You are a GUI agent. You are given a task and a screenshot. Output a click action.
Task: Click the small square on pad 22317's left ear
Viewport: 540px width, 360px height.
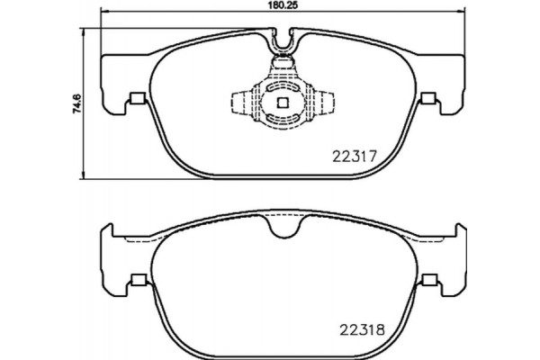point(136,99)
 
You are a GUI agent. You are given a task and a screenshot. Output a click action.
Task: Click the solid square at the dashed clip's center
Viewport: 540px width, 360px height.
point(283,102)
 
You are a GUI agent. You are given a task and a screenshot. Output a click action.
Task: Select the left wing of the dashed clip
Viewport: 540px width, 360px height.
point(241,101)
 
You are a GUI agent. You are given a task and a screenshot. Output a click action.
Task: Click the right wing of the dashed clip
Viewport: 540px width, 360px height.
point(327,101)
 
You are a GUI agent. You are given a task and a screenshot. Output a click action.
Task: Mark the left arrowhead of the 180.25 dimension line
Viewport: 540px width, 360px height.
point(102,16)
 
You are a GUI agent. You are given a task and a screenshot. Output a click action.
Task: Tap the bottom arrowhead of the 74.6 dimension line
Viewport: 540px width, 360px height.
point(85,175)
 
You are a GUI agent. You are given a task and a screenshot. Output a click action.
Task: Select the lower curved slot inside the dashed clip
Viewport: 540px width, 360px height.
point(283,116)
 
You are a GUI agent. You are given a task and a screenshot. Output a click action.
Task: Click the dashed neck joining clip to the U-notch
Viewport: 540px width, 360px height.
point(284,63)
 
